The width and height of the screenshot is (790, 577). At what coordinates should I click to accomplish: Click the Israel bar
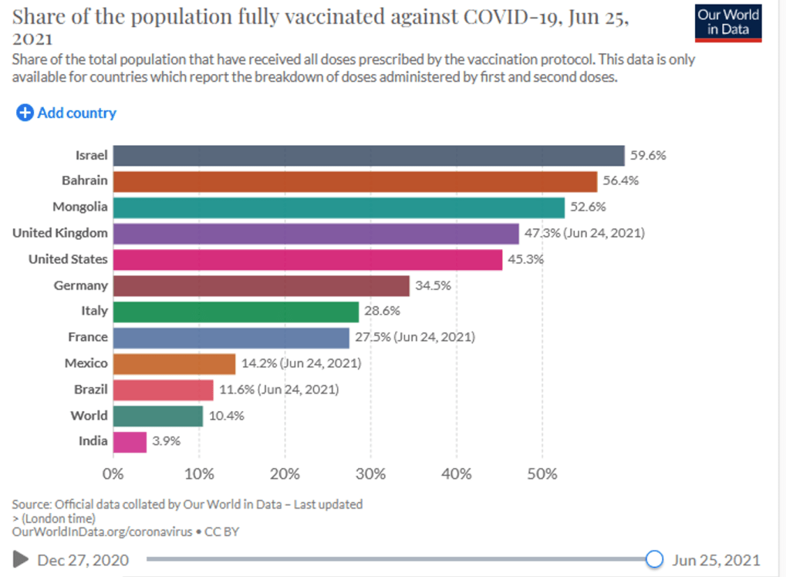pyautogui.click(x=368, y=156)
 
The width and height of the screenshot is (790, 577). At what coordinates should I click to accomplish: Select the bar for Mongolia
pyautogui.click(x=339, y=208)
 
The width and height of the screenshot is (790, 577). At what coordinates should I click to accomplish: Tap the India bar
pyautogui.click(x=130, y=442)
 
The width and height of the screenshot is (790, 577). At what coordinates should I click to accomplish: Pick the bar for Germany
pyautogui.click(x=261, y=286)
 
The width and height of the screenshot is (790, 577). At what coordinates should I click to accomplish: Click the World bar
pyautogui.click(x=157, y=416)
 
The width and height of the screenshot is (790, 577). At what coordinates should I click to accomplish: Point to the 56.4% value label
pyautogui.click(x=621, y=181)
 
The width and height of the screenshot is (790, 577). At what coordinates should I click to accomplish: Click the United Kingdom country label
pyautogui.click(x=60, y=233)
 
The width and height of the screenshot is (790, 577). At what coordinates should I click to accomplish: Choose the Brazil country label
pyautogui.click(x=91, y=390)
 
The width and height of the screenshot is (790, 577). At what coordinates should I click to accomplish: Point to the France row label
pyautogui.click(x=88, y=337)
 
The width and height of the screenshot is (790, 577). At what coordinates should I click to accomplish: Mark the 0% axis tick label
pyautogui.click(x=113, y=473)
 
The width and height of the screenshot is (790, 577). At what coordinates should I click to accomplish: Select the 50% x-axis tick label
pyautogui.click(x=542, y=473)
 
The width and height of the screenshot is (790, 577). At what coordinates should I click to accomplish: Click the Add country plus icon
pyautogui.click(x=25, y=113)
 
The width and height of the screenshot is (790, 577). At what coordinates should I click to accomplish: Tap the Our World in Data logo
pyautogui.click(x=728, y=22)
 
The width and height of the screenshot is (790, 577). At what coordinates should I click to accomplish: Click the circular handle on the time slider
pyautogui.click(x=654, y=558)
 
